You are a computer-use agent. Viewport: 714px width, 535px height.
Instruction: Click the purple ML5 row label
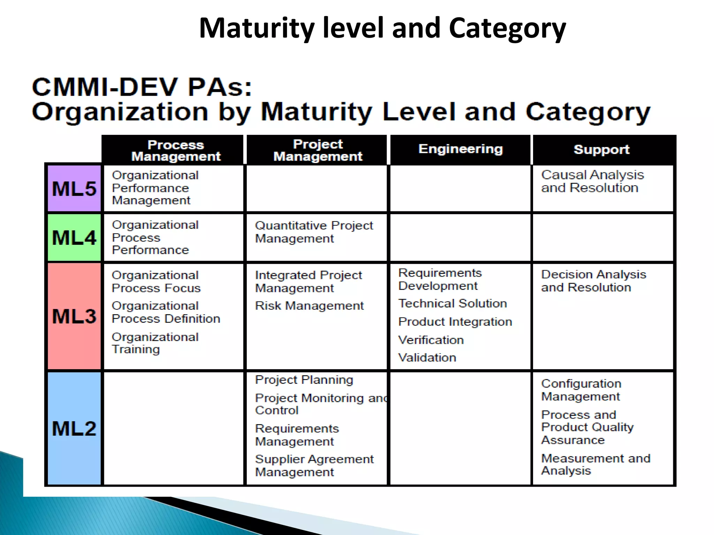click(74, 188)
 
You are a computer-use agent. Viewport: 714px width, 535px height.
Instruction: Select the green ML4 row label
click(74, 238)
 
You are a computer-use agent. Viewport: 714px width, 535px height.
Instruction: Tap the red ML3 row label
click(74, 316)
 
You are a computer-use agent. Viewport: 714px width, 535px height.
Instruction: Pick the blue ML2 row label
click(74, 428)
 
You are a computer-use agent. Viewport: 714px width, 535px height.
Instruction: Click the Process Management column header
click(176, 150)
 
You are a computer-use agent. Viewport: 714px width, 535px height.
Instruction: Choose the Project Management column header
click(318, 150)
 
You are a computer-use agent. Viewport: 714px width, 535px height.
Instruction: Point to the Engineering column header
click(461, 149)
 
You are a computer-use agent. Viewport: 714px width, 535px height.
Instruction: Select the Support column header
click(601, 150)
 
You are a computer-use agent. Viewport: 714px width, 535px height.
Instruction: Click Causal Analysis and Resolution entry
click(592, 181)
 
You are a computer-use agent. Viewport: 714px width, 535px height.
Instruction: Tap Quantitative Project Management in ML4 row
click(314, 232)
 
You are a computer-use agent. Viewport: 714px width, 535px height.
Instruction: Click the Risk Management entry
click(309, 306)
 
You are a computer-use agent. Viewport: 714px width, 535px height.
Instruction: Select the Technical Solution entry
click(453, 303)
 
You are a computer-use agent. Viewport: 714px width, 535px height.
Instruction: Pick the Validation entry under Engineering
click(427, 357)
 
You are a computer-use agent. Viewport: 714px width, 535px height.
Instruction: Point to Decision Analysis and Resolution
click(593, 281)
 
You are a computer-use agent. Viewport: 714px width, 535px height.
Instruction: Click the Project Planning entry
click(304, 380)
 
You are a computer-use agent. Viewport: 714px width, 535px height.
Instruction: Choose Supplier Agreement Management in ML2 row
click(314, 465)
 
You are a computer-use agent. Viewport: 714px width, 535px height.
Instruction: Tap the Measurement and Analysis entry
click(595, 464)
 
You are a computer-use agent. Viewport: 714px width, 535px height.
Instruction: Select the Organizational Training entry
click(155, 343)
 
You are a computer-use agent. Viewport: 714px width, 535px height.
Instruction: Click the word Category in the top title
click(507, 29)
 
